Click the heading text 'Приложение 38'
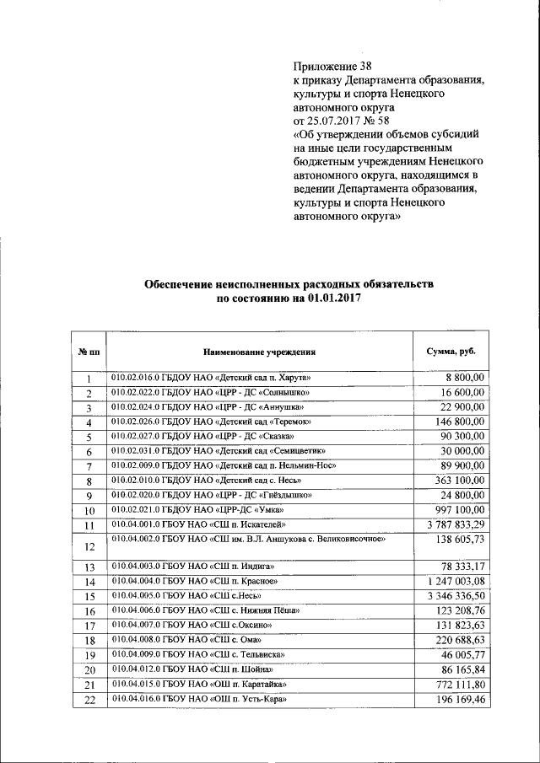pos(332,66)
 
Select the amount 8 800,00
pos(464,379)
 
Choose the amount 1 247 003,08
pos(450,582)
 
